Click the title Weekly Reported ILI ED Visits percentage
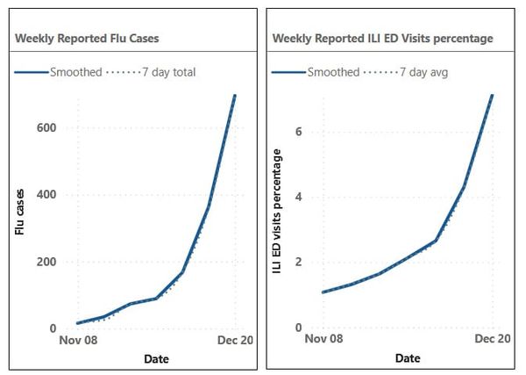click(383, 39)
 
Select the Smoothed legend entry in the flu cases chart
click(71, 72)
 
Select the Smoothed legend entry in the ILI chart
click(329, 72)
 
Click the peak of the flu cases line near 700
click(235, 95)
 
